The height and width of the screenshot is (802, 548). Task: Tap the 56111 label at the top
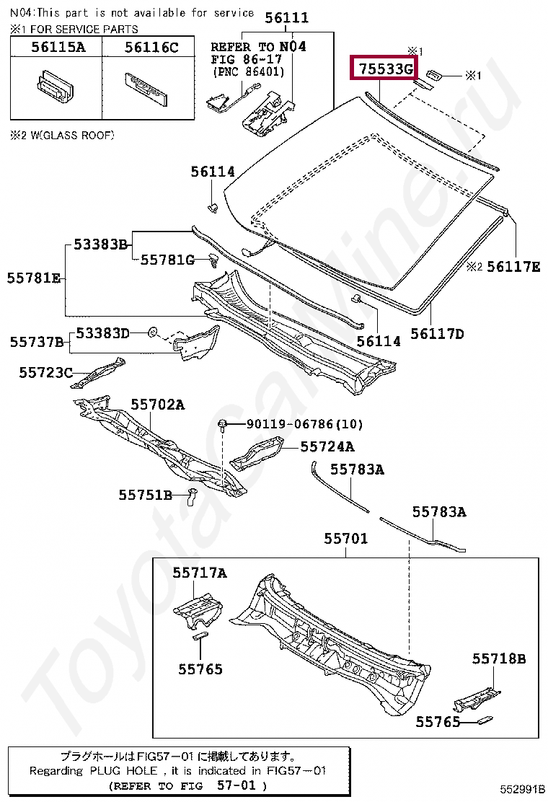pos(286,18)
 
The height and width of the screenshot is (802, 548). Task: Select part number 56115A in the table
pos(57,48)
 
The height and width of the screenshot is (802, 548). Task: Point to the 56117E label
pos(513,267)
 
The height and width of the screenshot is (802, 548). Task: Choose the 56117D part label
pos(437,333)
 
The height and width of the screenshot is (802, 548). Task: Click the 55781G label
pos(167,260)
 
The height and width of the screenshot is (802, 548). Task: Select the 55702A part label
pos(157,405)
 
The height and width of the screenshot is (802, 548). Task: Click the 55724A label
pos(327,447)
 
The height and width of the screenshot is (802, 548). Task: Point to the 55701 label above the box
pos(345,538)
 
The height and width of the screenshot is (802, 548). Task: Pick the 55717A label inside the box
pos(199,573)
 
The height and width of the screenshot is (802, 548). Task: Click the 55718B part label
pos(499,658)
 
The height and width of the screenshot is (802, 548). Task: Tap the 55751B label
pos(146,495)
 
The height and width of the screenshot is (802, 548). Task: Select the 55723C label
pos(45,372)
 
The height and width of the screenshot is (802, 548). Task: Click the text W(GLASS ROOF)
pos(71,135)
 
